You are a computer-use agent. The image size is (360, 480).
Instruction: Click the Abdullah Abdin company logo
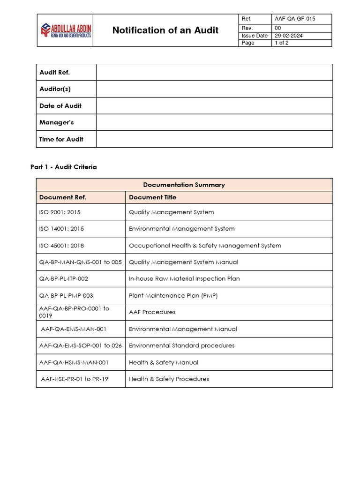[65, 30]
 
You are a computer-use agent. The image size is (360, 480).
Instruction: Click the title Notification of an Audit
[165, 30]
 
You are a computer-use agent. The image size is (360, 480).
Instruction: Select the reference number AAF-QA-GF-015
[295, 19]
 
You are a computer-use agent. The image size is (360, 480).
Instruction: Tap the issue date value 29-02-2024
[288, 36]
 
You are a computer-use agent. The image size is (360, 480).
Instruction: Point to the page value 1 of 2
[282, 43]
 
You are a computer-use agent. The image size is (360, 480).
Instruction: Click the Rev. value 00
[278, 28]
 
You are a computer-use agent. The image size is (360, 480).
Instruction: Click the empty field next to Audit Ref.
[214, 72]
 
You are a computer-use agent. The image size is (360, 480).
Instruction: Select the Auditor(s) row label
[55, 89]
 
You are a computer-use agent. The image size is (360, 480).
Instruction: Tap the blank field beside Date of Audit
[214, 106]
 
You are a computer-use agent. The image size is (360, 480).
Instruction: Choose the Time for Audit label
[61, 139]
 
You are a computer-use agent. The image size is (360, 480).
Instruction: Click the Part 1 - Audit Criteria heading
[64, 167]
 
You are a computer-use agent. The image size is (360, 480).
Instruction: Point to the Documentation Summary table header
[184, 185]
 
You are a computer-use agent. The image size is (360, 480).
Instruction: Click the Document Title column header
[153, 197]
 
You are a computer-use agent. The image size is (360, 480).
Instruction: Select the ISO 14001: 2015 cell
[62, 229]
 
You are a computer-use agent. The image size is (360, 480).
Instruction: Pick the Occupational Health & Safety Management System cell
[205, 246]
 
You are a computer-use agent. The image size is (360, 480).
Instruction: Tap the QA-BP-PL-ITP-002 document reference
[64, 278]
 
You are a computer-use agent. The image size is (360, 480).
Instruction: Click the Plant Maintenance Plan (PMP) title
[173, 295]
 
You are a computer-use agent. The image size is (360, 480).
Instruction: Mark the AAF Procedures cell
[152, 312]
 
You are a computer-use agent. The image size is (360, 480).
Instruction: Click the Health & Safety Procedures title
[169, 379]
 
